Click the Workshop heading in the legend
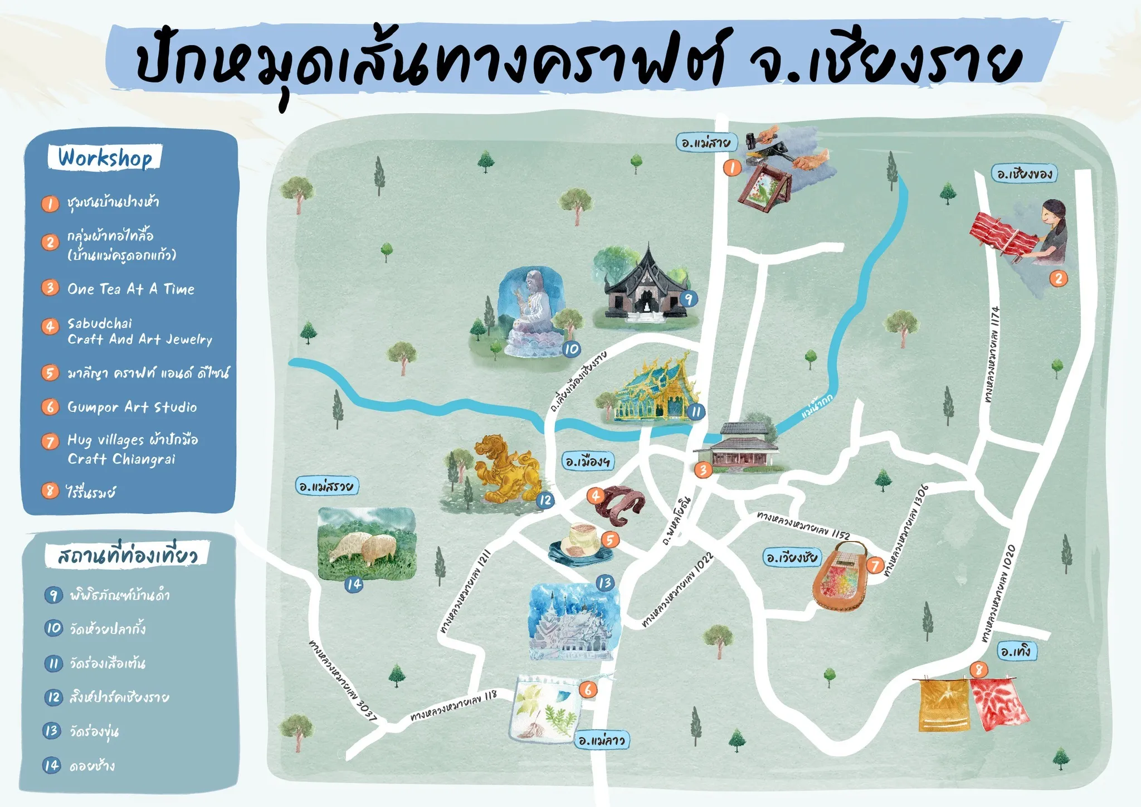(x=105, y=158)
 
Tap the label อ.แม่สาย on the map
(x=706, y=143)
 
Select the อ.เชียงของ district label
(x=1024, y=174)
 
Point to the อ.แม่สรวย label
(x=326, y=486)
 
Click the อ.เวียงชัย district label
(x=792, y=557)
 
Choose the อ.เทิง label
(x=1015, y=651)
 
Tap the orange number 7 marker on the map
(x=875, y=566)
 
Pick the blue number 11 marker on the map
(x=696, y=412)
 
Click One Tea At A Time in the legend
(x=131, y=289)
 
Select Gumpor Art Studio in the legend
(x=132, y=407)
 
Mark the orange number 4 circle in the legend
(x=50, y=326)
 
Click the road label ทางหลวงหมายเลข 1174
(x=992, y=354)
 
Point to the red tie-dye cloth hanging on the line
(x=998, y=703)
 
